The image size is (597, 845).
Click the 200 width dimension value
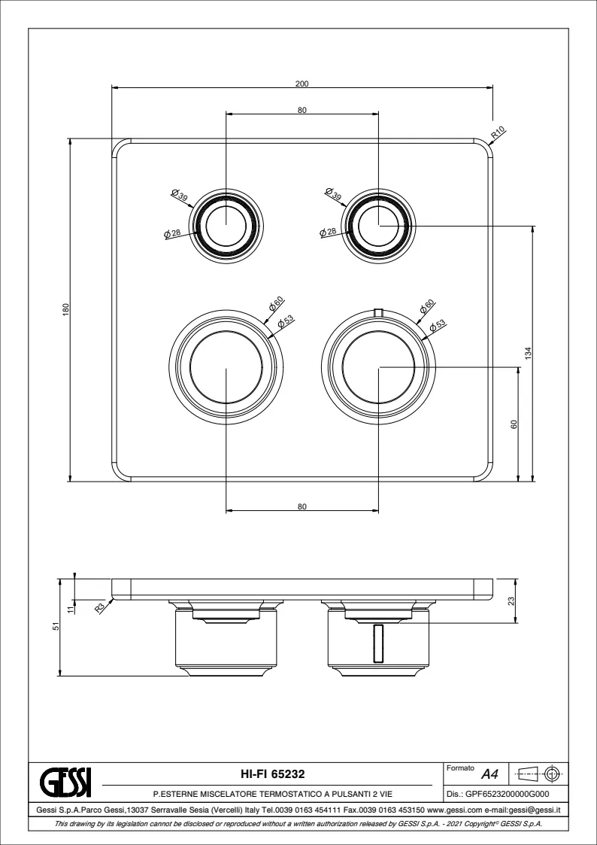point(302,84)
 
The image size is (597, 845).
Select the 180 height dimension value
point(66,310)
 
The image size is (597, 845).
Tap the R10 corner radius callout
point(498,132)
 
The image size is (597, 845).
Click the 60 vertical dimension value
point(514,424)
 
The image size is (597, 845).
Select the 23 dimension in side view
point(511,600)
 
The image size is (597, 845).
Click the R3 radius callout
point(100,608)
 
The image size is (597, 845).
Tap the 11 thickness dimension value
point(69,609)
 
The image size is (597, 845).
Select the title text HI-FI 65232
point(272,774)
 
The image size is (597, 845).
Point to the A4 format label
point(489,775)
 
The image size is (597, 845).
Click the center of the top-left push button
point(226,225)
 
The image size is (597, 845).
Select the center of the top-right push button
point(378,225)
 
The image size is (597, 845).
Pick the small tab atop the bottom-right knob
point(378,312)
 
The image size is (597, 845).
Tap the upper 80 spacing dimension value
point(302,110)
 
